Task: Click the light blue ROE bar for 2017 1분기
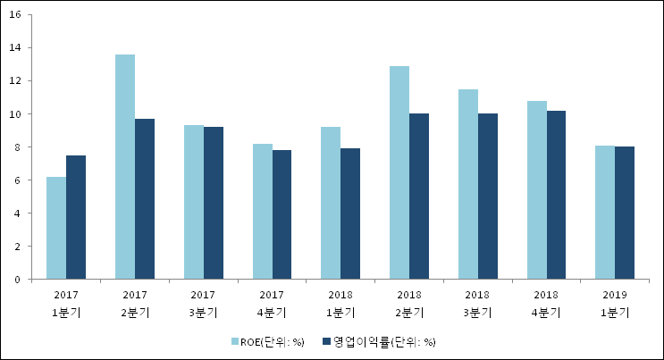click(56, 228)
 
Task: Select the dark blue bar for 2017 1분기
click(76, 217)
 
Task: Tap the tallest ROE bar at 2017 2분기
click(125, 167)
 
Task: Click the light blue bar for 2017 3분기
click(193, 202)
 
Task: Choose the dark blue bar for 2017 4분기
click(282, 214)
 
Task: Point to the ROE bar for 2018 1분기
click(331, 203)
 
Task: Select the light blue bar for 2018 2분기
click(399, 172)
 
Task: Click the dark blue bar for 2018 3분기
click(487, 197)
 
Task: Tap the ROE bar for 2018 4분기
click(536, 190)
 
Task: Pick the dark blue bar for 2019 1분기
click(625, 213)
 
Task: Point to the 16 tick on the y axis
click(20, 15)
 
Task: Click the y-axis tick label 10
click(20, 114)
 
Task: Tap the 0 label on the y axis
click(22, 280)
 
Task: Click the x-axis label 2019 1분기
click(615, 304)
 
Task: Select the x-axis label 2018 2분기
click(409, 304)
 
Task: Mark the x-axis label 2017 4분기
click(272, 304)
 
